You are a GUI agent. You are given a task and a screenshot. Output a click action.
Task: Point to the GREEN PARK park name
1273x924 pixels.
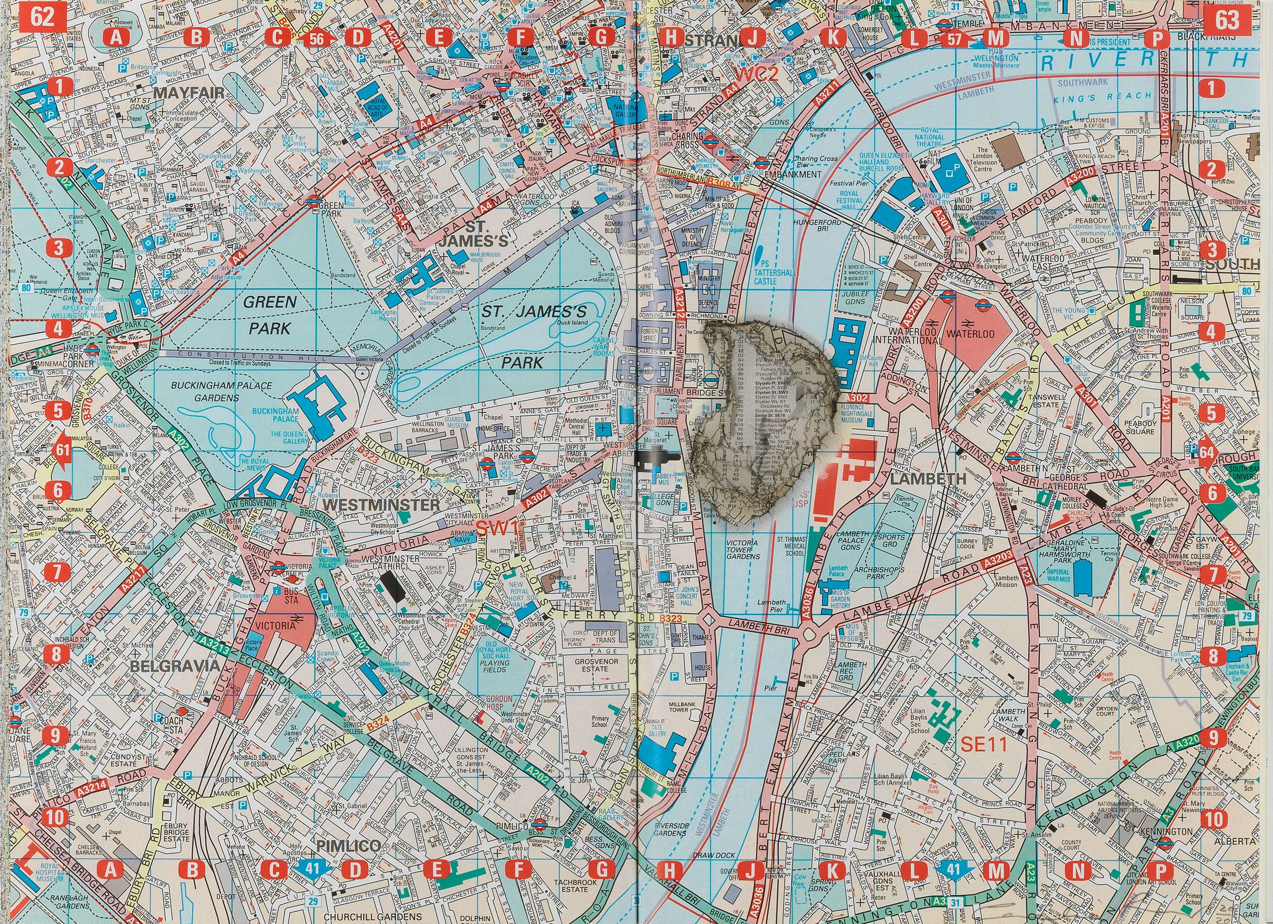pos(269,314)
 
